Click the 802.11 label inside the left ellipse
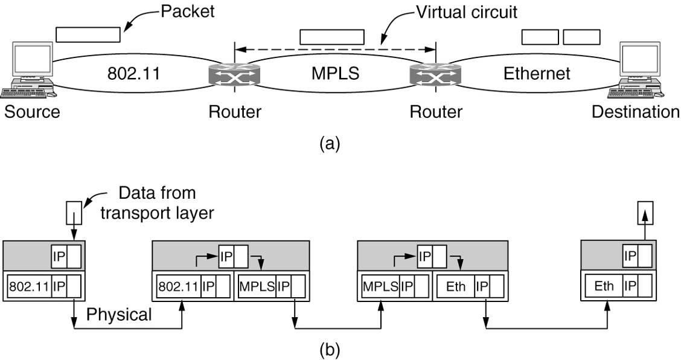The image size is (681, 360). point(132,74)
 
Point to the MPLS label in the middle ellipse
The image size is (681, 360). point(335,74)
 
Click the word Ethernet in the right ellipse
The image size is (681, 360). point(536,74)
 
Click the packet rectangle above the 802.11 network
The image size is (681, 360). point(88,34)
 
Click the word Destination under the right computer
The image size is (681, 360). point(636,112)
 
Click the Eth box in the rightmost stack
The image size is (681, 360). point(604,285)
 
